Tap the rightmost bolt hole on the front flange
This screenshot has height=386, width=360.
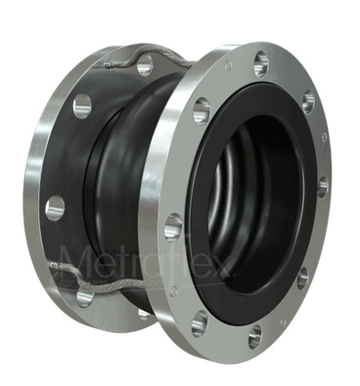(x=323, y=184)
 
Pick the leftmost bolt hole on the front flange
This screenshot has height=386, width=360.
(x=173, y=227)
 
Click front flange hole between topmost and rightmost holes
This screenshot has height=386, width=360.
(x=307, y=102)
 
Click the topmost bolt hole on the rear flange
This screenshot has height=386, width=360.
(x=145, y=66)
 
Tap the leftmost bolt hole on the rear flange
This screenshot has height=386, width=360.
(x=56, y=207)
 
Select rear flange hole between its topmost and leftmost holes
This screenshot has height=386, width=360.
(x=82, y=106)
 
